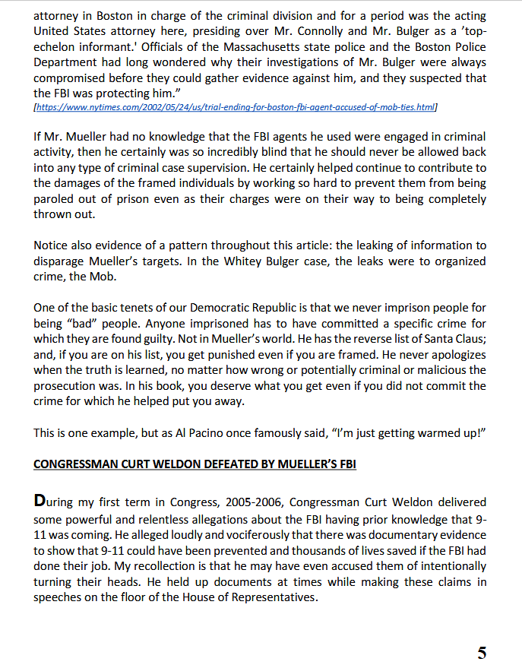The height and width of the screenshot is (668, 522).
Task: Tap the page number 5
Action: click(482, 652)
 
